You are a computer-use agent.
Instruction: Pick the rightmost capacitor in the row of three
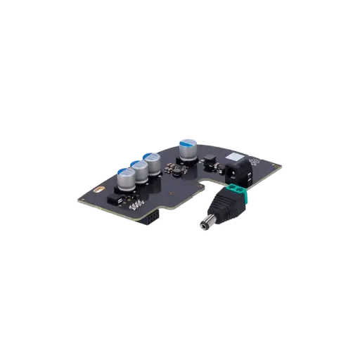(150, 162)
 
